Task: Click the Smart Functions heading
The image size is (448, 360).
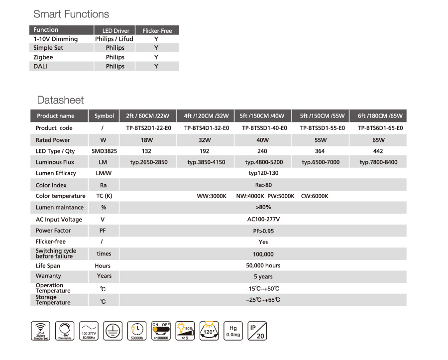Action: coord(71,14)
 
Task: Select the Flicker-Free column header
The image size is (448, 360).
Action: coord(157,30)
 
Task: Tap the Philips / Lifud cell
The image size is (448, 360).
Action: coord(114,39)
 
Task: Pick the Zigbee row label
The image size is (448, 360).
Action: coord(43,57)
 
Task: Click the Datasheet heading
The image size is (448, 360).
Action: coord(60,100)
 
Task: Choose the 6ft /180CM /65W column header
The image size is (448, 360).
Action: coord(380,116)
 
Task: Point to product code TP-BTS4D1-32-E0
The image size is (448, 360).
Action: coord(206,128)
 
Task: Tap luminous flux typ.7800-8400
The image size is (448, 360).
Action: coord(378,162)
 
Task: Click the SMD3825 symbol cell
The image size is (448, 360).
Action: coord(104,151)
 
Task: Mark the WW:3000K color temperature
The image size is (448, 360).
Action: coord(212,196)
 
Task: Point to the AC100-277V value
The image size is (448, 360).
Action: coord(263,219)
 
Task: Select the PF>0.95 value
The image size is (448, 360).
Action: coord(263,231)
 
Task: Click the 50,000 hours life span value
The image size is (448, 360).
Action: coord(263,265)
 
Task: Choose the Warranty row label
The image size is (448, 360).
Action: coord(48,276)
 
